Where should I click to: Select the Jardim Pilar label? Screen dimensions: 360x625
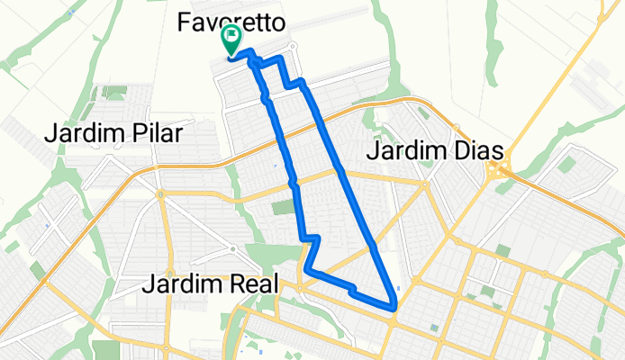point(113,134)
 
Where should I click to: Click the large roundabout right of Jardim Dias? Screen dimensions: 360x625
point(495,170)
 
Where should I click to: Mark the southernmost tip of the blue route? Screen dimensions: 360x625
point(394,307)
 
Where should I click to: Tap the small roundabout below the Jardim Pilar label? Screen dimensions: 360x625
point(159,193)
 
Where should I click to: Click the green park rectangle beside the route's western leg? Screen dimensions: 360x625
point(284,208)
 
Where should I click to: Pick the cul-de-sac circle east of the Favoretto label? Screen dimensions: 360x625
point(293,47)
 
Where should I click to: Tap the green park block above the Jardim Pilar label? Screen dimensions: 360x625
point(114,92)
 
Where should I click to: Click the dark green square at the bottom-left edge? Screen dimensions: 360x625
point(104,349)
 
